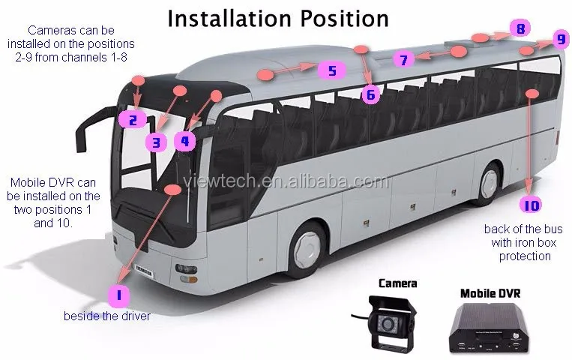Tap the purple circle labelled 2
(x=132, y=118)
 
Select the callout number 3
(x=156, y=141)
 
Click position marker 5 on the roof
(x=331, y=70)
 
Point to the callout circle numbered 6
(x=370, y=94)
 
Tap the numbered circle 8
(x=519, y=29)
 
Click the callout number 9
(x=560, y=39)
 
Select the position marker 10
(x=532, y=205)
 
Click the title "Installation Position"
(x=278, y=18)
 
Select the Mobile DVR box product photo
(x=490, y=326)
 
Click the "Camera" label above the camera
(x=397, y=283)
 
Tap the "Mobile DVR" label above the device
(x=490, y=292)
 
